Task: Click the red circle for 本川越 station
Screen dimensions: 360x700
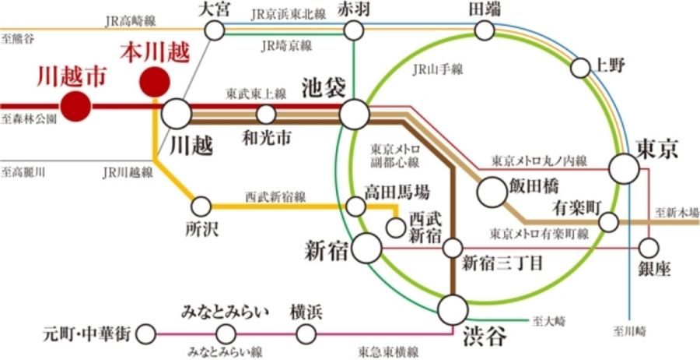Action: click(154, 81)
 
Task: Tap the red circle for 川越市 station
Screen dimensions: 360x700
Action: click(76, 106)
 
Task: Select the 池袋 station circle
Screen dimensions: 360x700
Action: click(354, 115)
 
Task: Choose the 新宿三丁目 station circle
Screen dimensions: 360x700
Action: click(453, 249)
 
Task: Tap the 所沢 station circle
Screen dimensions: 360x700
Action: click(201, 207)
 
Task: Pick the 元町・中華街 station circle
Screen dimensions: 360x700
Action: click(145, 335)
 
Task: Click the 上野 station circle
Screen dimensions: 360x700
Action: click(580, 68)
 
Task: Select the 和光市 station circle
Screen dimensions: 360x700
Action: click(266, 115)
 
